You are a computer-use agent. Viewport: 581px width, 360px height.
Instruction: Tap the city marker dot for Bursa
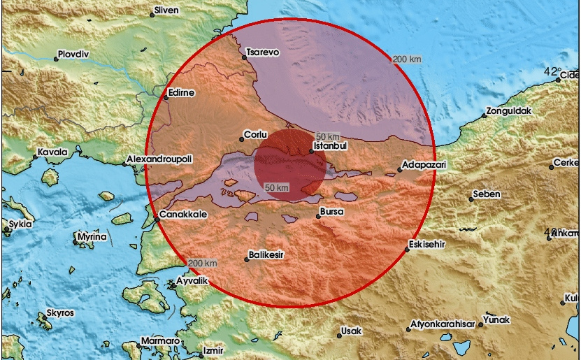[318, 216]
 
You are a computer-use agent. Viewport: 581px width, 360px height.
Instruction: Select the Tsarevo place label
[263, 51]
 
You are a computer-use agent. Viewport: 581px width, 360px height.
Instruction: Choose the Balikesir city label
[267, 257]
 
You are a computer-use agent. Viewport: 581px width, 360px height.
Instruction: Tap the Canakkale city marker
[157, 219]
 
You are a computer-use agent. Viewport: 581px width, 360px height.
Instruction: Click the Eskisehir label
[428, 244]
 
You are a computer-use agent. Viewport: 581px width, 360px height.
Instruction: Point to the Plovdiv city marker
[57, 59]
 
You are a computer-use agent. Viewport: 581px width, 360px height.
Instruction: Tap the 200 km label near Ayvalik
[203, 263]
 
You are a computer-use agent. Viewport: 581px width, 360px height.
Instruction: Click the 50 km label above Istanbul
[327, 136]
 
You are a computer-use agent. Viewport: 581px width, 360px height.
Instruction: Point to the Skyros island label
[60, 313]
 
